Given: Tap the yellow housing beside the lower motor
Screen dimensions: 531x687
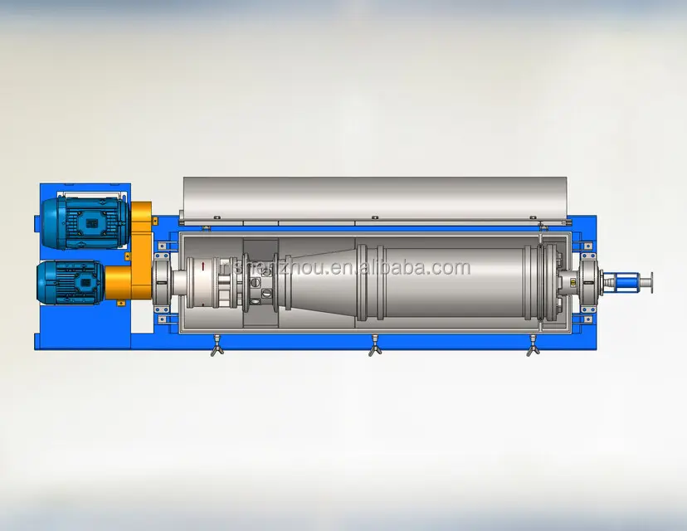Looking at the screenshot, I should pyautogui.click(x=124, y=282).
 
